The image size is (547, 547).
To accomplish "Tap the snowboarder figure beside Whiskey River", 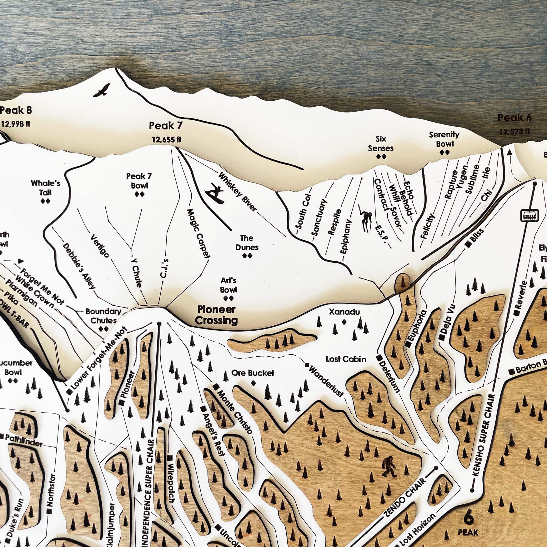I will tap(215, 193).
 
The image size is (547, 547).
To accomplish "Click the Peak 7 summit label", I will tap(165, 126).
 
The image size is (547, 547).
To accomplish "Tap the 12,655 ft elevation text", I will tap(166, 139).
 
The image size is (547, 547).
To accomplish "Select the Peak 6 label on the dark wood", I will tap(514, 118).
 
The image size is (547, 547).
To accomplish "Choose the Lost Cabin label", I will tap(346, 359).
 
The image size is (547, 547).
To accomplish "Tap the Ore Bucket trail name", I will tap(253, 373).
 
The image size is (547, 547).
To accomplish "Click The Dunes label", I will tap(247, 243).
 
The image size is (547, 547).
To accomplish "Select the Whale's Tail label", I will tap(46, 188).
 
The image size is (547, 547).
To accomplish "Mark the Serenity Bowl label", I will tap(444, 139).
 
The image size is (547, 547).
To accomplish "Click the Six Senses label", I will tap(380, 143).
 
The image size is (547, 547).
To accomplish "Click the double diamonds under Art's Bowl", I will tap(228, 298).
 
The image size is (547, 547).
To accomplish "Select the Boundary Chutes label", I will tap(103, 316).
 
